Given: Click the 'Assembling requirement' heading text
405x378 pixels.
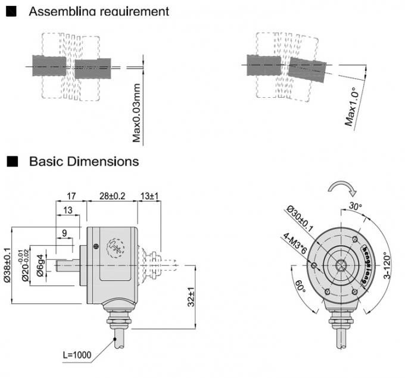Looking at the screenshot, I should [x=99, y=11].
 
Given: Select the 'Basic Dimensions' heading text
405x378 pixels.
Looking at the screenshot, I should [x=84, y=161].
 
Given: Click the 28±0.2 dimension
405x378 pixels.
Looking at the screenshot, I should [x=112, y=196].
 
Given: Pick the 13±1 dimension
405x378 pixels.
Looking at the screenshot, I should [x=150, y=196].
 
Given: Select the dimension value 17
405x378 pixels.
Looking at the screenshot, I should [x=71, y=196].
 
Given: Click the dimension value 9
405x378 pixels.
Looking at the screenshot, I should [x=64, y=234].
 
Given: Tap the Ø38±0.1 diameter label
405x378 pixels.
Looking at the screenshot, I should [x=8, y=265].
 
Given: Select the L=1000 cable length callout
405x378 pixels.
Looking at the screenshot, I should [x=77, y=355].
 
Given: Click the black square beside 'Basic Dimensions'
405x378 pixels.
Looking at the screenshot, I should [x=11, y=161].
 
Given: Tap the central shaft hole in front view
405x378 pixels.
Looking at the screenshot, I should [x=341, y=266].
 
